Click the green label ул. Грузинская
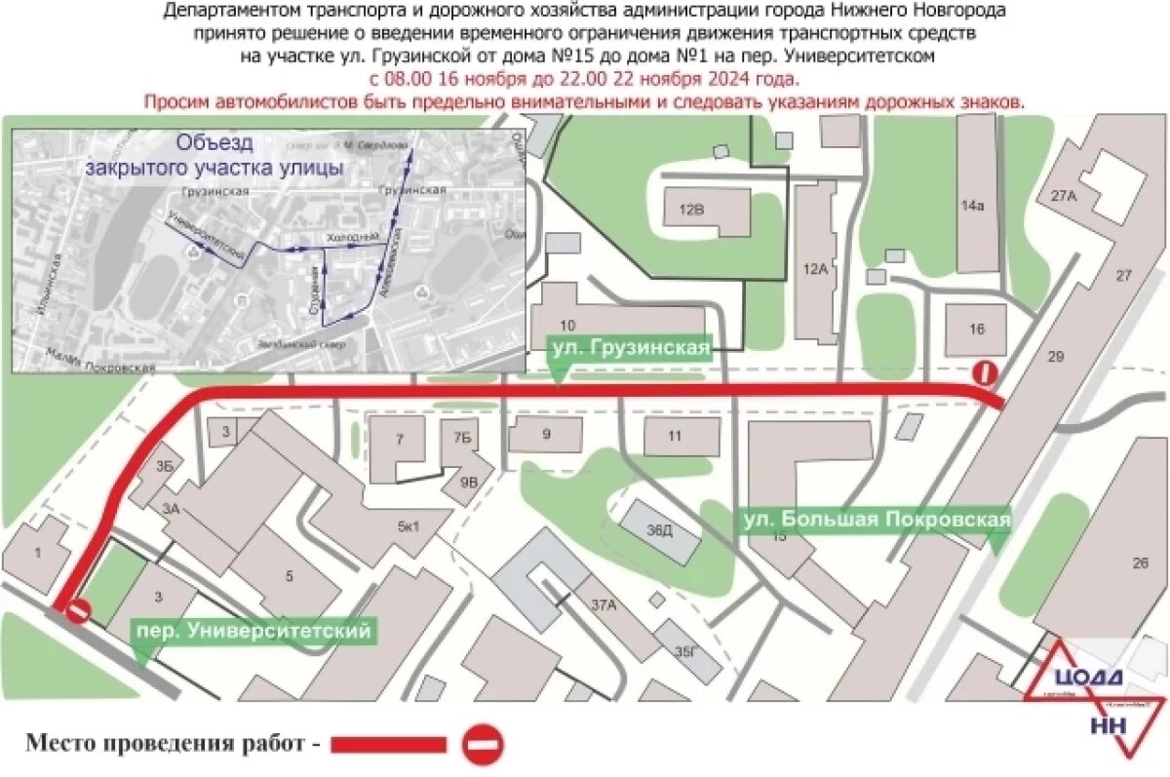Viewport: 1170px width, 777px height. point(629,347)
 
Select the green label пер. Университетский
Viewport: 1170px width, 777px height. point(252,631)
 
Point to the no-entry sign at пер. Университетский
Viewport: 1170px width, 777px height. point(78,611)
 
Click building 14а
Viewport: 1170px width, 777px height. point(972,205)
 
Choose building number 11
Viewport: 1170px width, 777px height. point(675,436)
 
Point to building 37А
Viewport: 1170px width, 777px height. point(604,605)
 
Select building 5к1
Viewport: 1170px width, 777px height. point(407,527)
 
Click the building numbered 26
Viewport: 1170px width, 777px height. point(1141,563)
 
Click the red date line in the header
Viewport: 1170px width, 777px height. point(583,79)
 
